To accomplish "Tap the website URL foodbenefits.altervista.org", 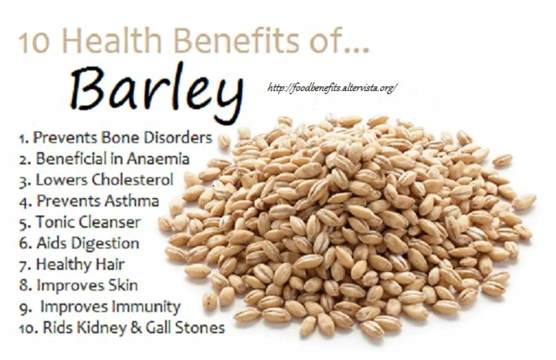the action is point(333,87).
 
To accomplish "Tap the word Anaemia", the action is point(158,158).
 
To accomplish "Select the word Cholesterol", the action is point(132,179).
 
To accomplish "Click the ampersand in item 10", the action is point(136,328).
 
